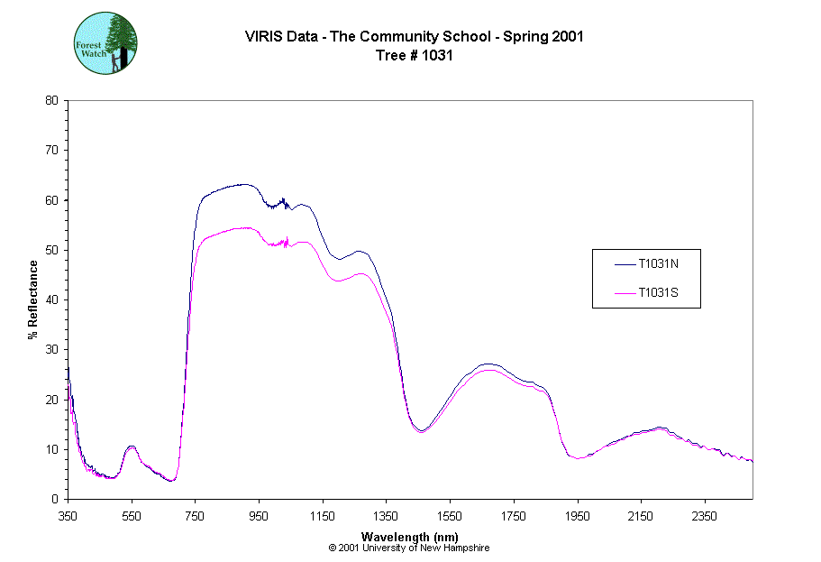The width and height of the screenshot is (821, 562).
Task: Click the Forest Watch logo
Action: (x=105, y=43)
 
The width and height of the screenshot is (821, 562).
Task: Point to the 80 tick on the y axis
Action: (x=53, y=100)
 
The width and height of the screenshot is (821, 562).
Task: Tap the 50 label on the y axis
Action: (x=53, y=250)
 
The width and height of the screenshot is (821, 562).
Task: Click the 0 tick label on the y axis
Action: (x=56, y=499)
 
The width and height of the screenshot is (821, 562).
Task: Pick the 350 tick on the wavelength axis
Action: (x=68, y=516)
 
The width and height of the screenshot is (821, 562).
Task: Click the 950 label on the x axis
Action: (x=259, y=516)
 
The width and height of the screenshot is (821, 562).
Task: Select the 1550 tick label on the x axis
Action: (x=450, y=516)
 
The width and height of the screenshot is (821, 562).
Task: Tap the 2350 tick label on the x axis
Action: (x=704, y=516)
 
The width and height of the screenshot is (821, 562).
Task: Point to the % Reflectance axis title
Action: (x=32, y=299)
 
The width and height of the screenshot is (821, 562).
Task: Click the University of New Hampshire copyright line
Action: (x=409, y=548)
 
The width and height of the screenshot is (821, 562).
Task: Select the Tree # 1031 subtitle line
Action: (x=414, y=55)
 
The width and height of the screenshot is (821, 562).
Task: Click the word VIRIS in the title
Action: (x=262, y=37)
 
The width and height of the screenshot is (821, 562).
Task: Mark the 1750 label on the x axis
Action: (x=513, y=516)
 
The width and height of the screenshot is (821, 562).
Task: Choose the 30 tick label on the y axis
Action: (x=53, y=349)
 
